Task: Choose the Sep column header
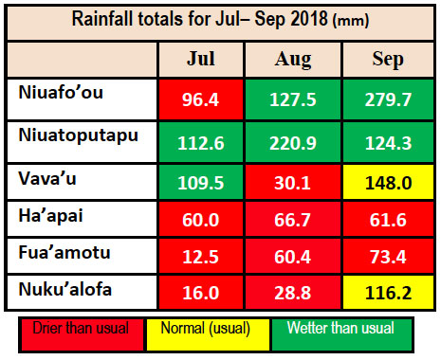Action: coord(387,59)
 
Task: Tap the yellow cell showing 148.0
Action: coord(387,182)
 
